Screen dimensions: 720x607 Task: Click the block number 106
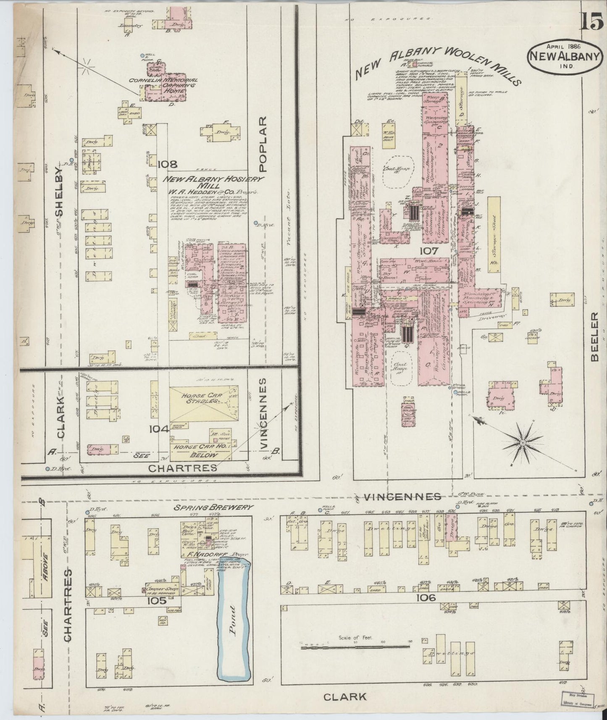(x=426, y=598)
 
